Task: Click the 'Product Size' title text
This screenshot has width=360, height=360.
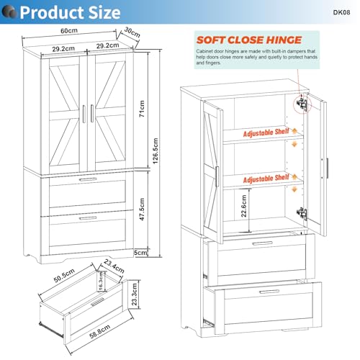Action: coord(70,12)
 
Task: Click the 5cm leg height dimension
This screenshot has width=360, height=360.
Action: coord(141,253)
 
